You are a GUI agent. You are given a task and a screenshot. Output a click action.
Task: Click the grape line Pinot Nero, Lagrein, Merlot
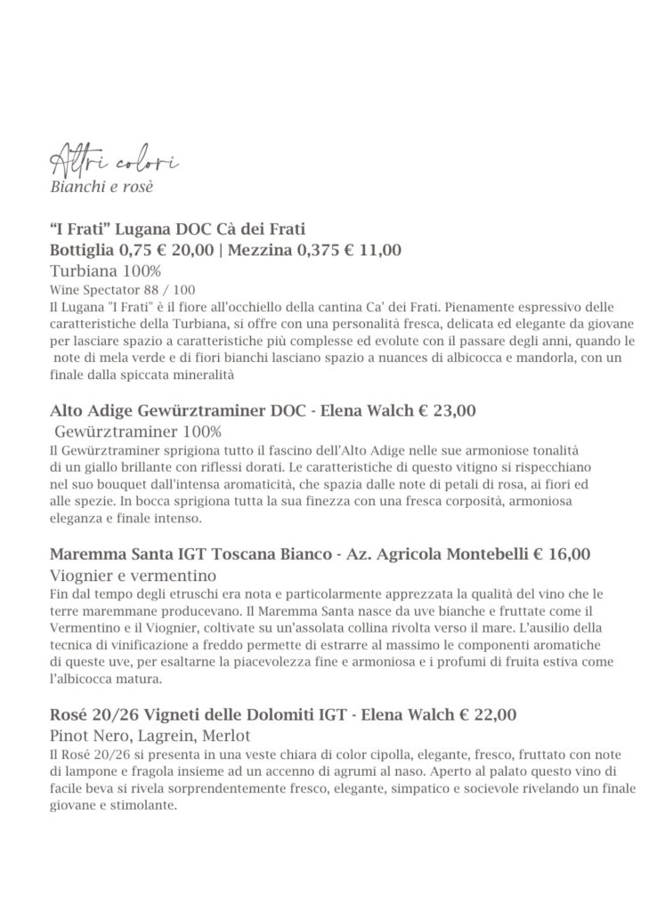[150, 736]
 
